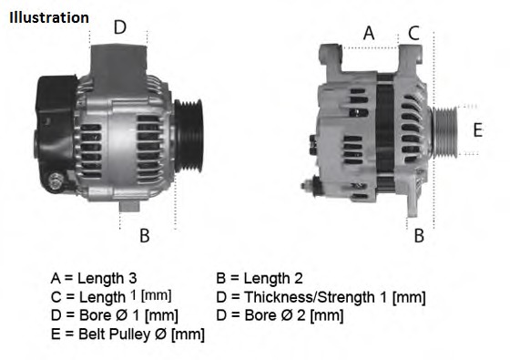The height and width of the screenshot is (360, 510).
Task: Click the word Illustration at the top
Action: tap(50, 17)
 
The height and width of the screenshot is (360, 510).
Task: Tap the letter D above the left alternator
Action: tap(119, 27)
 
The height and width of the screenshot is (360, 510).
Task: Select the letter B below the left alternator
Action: tap(144, 236)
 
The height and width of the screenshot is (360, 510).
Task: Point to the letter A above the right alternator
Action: tap(369, 33)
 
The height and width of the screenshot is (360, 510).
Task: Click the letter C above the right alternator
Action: tap(413, 33)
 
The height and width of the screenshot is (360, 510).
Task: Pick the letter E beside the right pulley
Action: tap(476, 129)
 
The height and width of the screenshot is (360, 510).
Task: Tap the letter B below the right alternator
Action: tap(419, 236)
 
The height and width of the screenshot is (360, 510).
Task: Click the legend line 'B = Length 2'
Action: tap(260, 278)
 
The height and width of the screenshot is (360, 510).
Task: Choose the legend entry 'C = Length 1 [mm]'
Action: tap(111, 297)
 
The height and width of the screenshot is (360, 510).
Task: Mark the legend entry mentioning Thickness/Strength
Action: tap(321, 297)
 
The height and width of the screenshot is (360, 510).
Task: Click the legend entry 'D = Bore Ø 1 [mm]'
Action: tap(114, 315)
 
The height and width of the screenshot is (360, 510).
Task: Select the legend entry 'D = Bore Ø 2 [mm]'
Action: tap(280, 315)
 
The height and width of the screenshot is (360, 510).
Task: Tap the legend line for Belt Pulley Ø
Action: tap(127, 334)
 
